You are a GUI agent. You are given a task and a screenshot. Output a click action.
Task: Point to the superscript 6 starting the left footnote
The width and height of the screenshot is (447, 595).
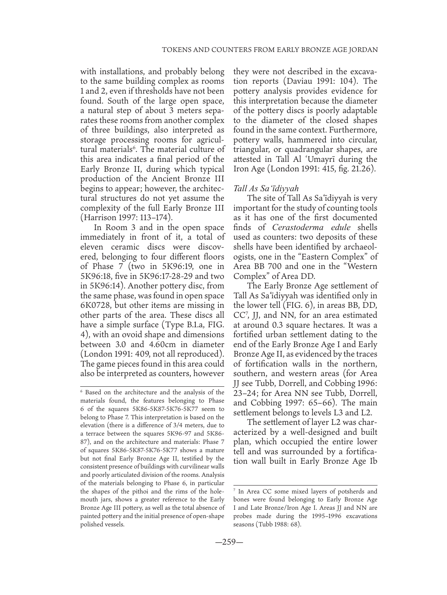click(82, 391)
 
